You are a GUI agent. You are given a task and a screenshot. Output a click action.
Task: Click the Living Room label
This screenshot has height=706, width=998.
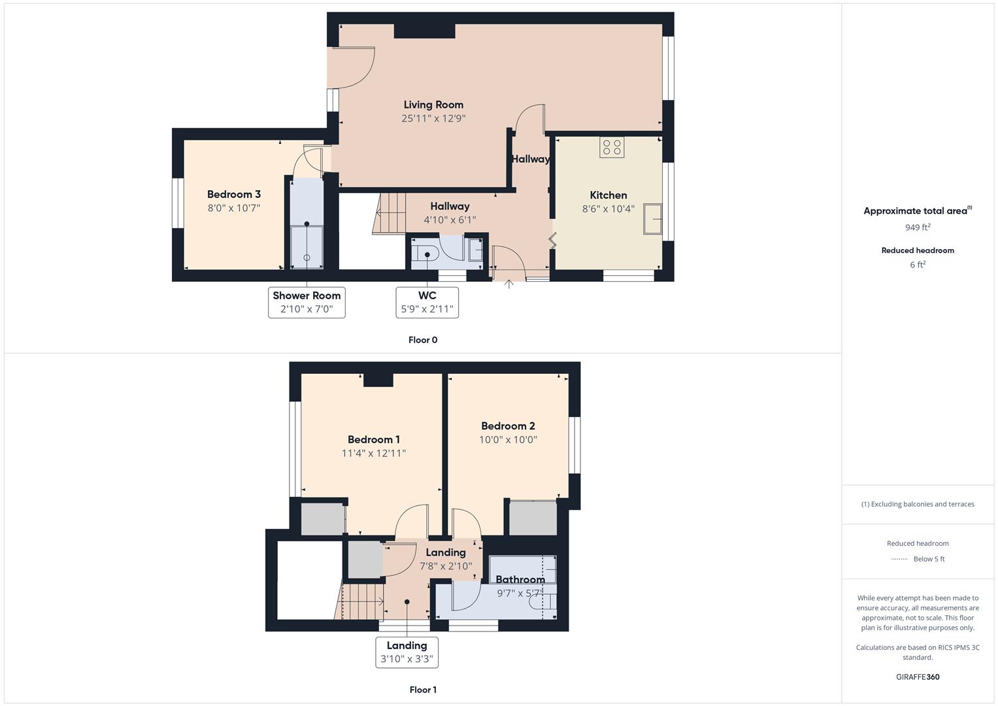pyautogui.click(x=433, y=105)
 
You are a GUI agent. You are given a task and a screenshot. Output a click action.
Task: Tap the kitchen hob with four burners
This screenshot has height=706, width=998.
pyautogui.click(x=612, y=147)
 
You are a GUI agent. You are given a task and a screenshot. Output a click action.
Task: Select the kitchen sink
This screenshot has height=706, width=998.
pyautogui.click(x=652, y=219)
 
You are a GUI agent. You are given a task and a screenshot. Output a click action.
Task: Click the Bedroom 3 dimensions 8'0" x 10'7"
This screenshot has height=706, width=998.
pyautogui.click(x=234, y=208)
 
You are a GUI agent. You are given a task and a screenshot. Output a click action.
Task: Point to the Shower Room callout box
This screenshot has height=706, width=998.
pyautogui.click(x=307, y=302)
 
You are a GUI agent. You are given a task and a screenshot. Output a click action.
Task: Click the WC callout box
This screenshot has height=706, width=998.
pyautogui.click(x=427, y=302)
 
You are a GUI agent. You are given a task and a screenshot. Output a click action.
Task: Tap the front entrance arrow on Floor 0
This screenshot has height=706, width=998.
pyautogui.click(x=508, y=284)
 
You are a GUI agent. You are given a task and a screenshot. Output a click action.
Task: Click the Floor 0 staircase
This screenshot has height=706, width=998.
pyautogui.click(x=390, y=213)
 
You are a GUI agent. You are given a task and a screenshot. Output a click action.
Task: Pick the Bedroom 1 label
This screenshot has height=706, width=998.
pyautogui.click(x=374, y=439)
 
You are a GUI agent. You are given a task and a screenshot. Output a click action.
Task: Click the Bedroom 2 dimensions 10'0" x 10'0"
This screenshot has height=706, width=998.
pyautogui.click(x=508, y=440)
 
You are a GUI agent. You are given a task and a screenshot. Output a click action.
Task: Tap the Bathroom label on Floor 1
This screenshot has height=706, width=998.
pyautogui.click(x=520, y=579)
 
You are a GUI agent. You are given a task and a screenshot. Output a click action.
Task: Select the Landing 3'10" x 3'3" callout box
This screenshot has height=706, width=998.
pyautogui.click(x=407, y=652)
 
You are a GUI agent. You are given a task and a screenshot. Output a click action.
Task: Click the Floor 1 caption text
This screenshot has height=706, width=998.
pyautogui.click(x=423, y=690)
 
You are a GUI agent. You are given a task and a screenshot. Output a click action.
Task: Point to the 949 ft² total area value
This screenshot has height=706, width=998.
pyautogui.click(x=918, y=227)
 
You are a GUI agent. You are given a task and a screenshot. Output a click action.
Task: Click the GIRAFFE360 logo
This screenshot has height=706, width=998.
pyautogui.click(x=918, y=677)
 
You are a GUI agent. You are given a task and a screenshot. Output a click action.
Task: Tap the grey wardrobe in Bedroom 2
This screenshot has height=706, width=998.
pyautogui.click(x=533, y=518)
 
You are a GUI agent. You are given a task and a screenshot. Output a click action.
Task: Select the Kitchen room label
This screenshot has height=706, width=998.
pyautogui.click(x=608, y=195)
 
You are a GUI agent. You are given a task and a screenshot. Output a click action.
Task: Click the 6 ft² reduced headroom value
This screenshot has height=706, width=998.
pyautogui.click(x=918, y=265)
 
